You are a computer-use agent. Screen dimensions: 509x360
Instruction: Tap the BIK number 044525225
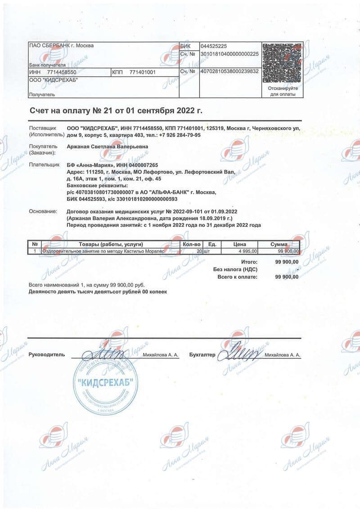[214, 46]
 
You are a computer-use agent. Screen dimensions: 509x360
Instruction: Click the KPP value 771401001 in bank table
[142, 72]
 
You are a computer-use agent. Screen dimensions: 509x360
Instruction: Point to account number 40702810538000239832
[229, 71]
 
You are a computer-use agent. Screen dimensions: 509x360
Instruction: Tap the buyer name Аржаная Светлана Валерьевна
[107, 146]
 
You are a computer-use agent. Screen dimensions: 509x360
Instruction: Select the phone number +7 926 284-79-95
[180, 135]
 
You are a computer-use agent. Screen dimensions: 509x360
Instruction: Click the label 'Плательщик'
[43, 165]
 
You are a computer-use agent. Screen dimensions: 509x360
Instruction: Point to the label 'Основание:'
[43, 211]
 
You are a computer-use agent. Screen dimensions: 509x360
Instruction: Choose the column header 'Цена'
[239, 244]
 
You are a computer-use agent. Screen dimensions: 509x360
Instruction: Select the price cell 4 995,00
[248, 251]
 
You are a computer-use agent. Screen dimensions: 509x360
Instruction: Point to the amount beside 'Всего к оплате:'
[287, 277]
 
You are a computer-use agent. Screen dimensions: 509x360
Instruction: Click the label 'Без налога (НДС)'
[235, 269]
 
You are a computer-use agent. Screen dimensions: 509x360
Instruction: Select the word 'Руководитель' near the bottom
[47, 355]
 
